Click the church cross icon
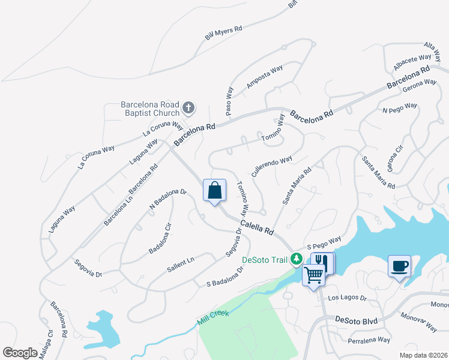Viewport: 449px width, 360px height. point(188,108)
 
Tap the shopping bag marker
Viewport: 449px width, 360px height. point(215,191)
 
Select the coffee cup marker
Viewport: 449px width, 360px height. point(400,266)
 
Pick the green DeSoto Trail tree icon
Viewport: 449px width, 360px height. point(295,260)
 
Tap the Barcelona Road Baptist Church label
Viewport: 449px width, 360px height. point(150,108)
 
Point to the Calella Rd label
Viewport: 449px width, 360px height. point(257,227)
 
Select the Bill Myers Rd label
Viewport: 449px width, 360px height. point(223,32)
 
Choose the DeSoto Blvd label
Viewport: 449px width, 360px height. point(357,321)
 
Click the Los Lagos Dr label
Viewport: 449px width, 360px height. point(347,298)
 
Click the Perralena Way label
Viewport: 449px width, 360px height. point(369,340)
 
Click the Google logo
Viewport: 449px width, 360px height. point(20,353)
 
